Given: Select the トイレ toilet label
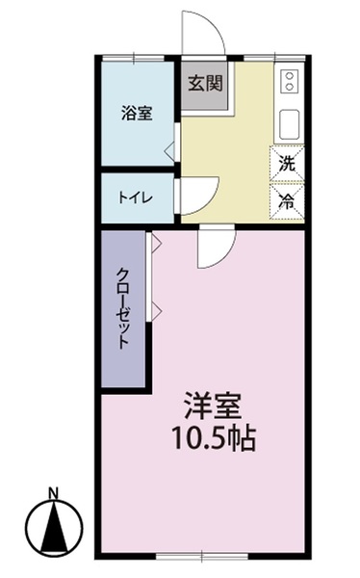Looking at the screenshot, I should click(x=134, y=197).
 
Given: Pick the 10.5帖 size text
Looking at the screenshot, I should click(x=213, y=441).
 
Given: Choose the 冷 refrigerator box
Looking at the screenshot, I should click(x=286, y=201).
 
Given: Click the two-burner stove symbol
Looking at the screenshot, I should click(x=290, y=82).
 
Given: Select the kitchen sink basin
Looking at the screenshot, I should click(x=290, y=123).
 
